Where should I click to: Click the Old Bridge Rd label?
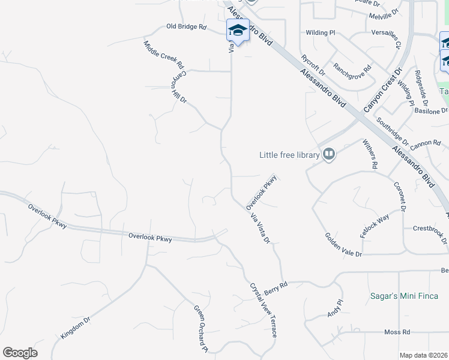[x=186, y=27]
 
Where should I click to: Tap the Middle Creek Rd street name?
[x=163, y=54]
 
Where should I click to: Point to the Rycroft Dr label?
[x=313, y=65]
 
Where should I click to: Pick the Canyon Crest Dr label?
[x=382, y=90]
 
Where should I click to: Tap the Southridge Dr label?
[x=393, y=133]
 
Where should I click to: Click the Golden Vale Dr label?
[x=344, y=245]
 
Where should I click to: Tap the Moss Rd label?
[x=397, y=332]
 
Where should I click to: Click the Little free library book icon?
[x=328, y=155]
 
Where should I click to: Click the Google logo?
[x=20, y=353]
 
